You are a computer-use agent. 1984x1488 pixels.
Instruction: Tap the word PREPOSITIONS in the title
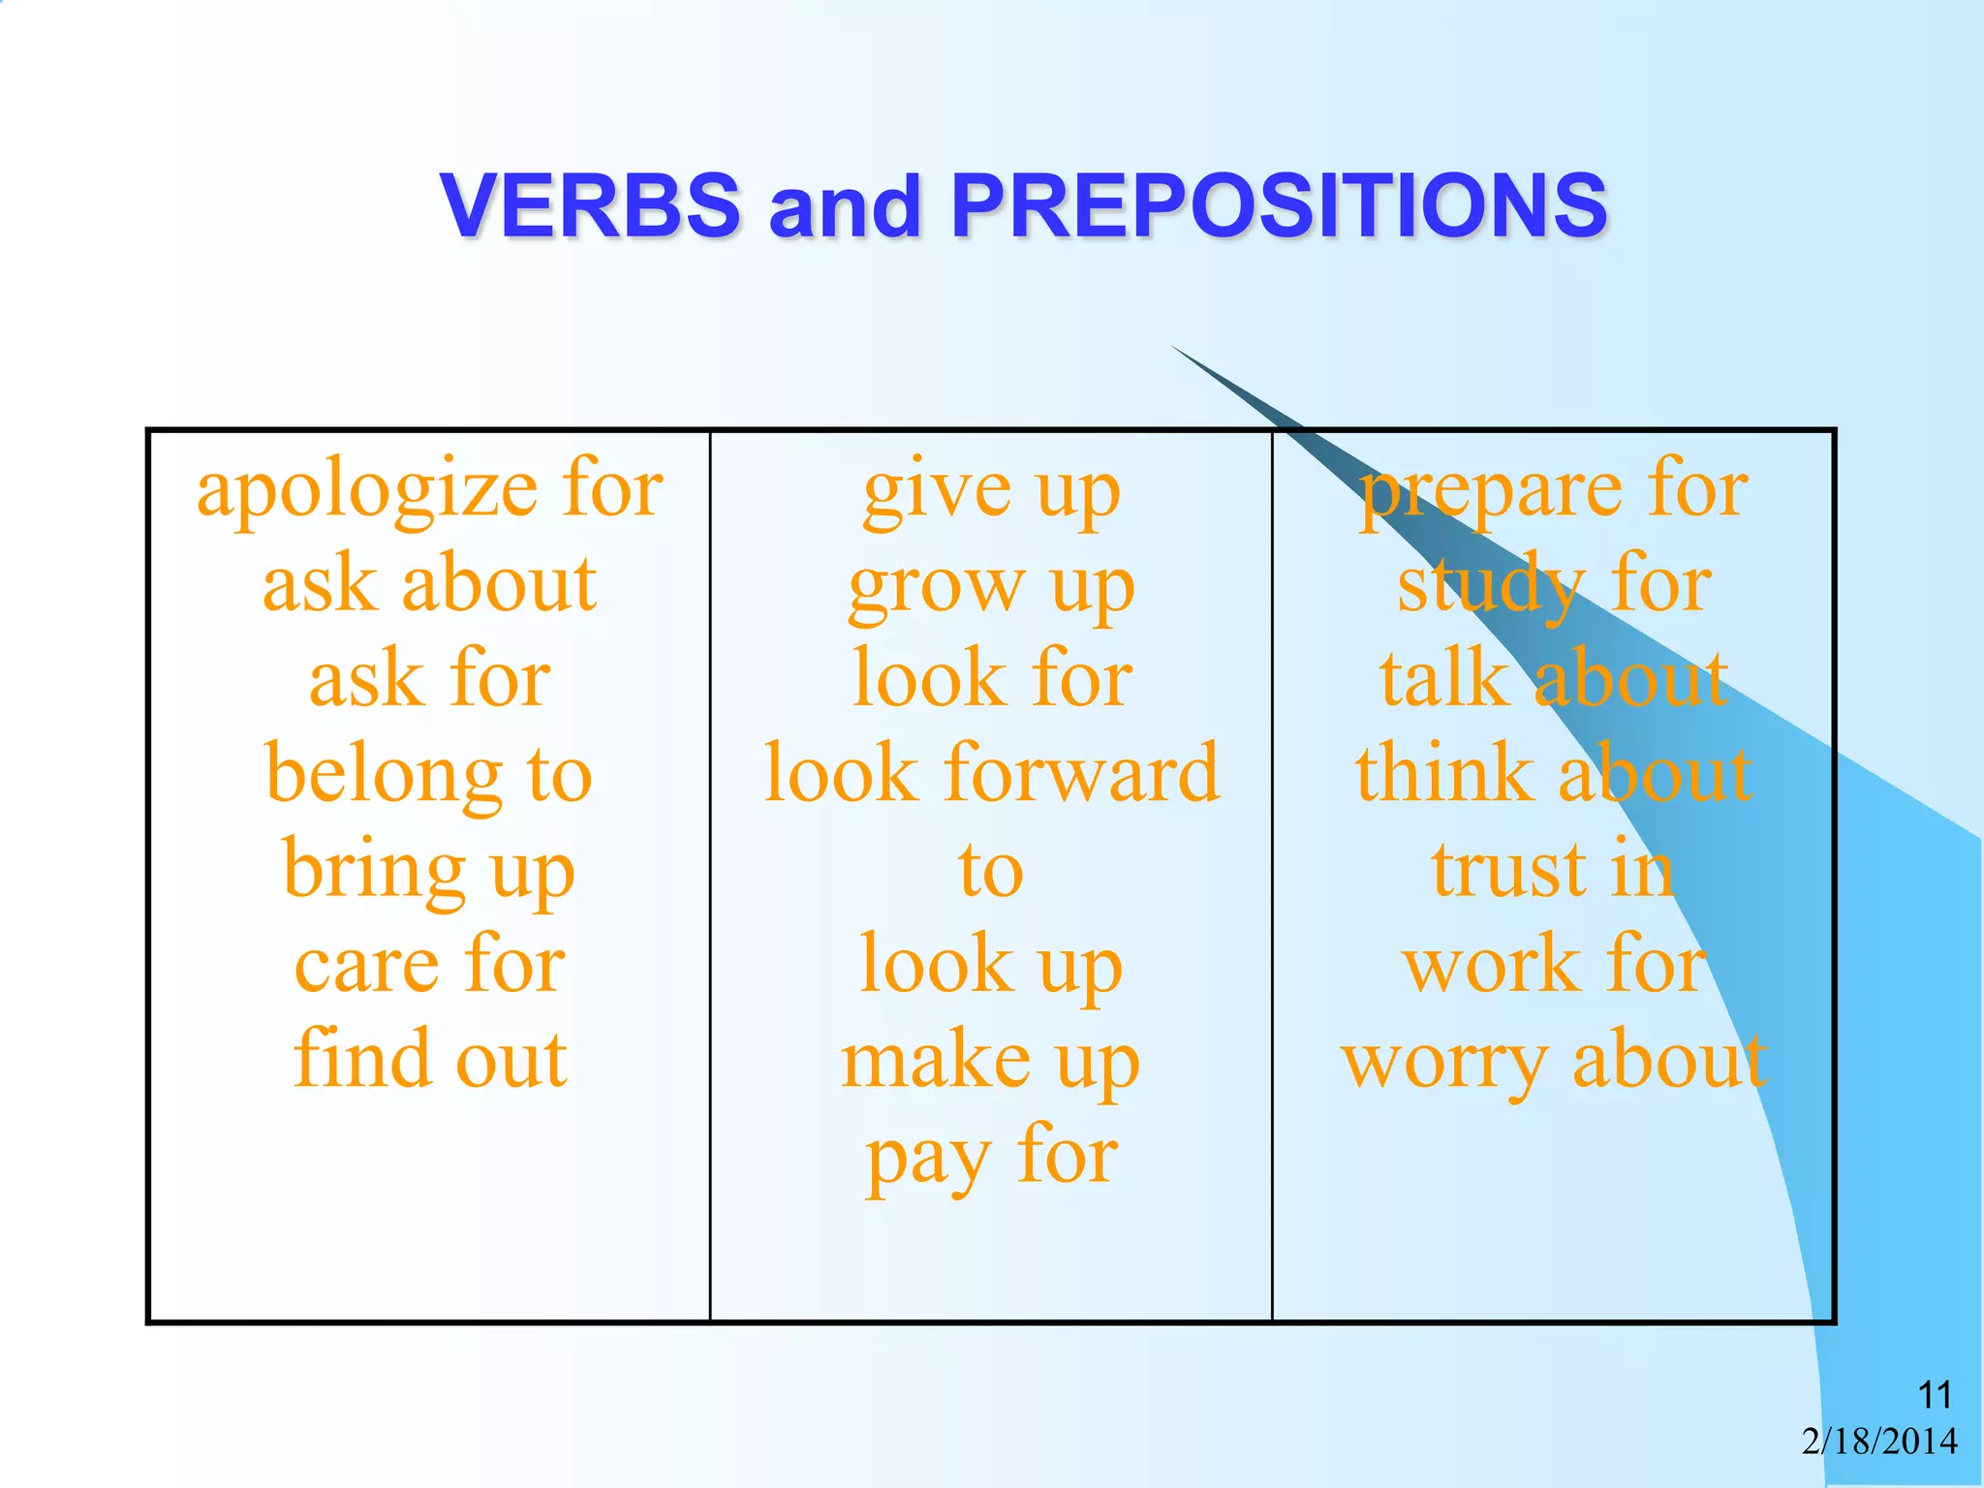[1279, 205]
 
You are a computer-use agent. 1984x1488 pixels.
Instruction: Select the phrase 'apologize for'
[429, 490]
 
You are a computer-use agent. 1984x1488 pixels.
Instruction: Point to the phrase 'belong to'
[429, 775]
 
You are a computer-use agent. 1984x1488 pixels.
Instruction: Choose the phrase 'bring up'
[429, 871]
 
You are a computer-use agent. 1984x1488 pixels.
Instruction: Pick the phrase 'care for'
[429, 965]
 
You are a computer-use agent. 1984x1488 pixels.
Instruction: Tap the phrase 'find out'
[429, 1059]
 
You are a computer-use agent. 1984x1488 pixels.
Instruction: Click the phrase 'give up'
[991, 492]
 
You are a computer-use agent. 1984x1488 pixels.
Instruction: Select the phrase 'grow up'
[991, 587]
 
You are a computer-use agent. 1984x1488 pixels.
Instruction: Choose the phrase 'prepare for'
[1553, 492]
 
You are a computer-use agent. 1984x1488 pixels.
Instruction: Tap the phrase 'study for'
[1553, 586]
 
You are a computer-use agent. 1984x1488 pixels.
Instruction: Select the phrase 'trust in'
[1553, 869]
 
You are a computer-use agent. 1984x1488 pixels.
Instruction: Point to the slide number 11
[1935, 1396]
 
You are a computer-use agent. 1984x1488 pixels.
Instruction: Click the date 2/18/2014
[1879, 1441]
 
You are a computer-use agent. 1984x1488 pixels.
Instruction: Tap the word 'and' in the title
[844, 205]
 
